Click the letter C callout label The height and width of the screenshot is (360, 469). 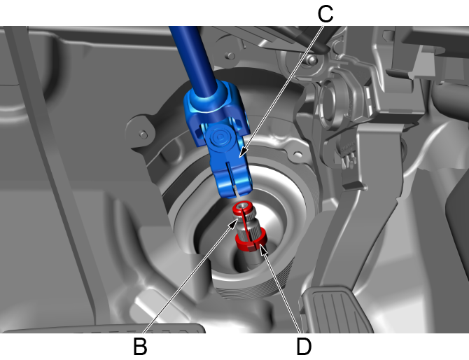pyautogui.click(x=325, y=14)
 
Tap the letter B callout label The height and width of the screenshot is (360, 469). pyautogui.click(x=140, y=347)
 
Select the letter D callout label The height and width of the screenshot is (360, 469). pyautogui.click(x=304, y=347)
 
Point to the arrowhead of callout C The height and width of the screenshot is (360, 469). pyautogui.click(x=243, y=152)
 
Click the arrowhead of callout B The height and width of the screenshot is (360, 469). pyautogui.click(x=234, y=223)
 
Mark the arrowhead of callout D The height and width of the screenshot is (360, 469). pyautogui.click(x=262, y=249)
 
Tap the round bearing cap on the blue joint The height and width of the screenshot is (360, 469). pyautogui.click(x=220, y=137)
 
